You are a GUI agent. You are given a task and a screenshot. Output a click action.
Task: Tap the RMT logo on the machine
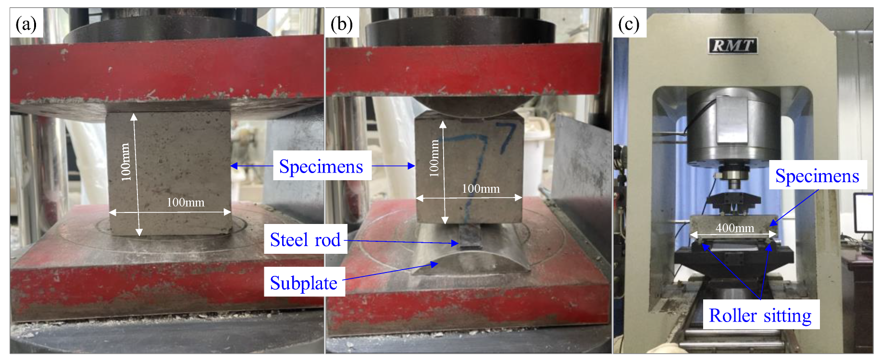click(x=732, y=46)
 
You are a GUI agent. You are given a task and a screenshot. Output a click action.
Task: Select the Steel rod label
click(x=305, y=239)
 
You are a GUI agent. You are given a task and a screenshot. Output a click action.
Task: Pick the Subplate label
click(x=304, y=283)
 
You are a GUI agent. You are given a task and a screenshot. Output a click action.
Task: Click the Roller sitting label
click(x=760, y=315)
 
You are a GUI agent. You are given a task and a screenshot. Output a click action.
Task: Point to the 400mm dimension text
click(x=735, y=228)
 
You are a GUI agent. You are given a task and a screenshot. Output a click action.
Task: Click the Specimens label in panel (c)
click(x=817, y=176)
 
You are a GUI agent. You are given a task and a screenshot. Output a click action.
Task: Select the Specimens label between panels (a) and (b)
click(x=321, y=166)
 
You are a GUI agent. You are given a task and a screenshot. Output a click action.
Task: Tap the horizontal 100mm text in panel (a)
click(x=186, y=202)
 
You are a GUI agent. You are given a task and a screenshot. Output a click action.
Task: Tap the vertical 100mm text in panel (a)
click(x=126, y=162)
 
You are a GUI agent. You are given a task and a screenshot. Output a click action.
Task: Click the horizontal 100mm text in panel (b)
click(x=481, y=188)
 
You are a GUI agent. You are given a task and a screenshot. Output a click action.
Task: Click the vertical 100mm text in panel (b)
click(x=434, y=158)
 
